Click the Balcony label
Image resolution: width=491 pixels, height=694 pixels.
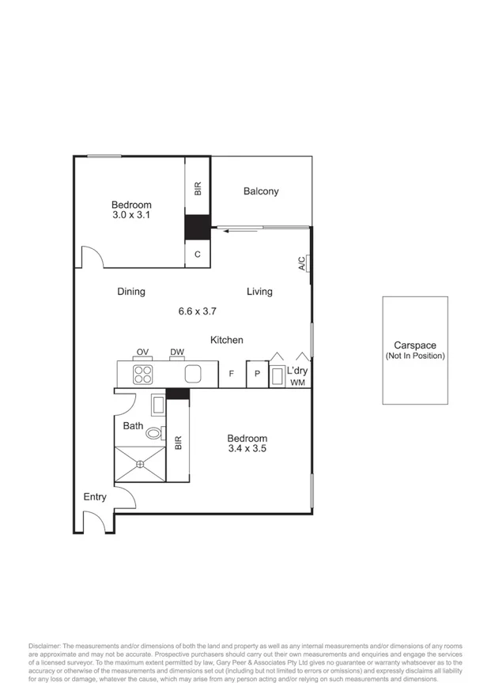point(261,191)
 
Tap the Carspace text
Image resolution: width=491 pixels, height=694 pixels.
point(415,346)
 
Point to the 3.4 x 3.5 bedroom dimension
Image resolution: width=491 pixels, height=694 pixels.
point(247,449)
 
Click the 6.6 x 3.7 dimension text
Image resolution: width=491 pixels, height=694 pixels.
point(197,311)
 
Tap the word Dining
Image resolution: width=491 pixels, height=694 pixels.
point(131,292)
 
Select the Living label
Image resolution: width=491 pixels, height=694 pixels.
point(259,292)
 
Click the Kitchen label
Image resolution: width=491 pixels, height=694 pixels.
point(226,340)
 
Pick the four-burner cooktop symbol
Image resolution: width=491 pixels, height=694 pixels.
point(143,373)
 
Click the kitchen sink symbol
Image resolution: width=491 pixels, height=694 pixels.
point(194,374)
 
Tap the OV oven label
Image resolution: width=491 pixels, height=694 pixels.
point(142,353)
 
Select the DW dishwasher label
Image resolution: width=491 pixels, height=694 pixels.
point(176,353)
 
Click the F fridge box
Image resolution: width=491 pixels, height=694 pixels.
point(232,374)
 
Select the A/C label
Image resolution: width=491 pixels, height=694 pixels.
point(302,264)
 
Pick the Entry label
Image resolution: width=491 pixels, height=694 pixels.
point(95,497)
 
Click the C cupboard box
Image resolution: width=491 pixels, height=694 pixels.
point(198,254)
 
